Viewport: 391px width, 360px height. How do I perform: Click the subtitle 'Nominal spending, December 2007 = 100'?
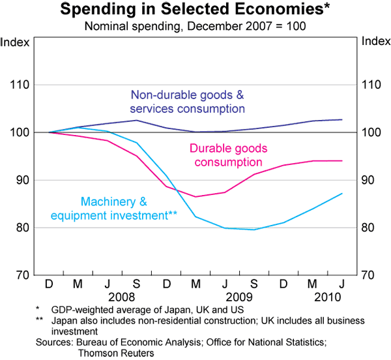195,27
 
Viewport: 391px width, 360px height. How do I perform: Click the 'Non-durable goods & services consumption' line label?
187,101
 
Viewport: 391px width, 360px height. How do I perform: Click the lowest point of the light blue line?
254,230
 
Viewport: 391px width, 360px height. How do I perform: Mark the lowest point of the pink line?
196,196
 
